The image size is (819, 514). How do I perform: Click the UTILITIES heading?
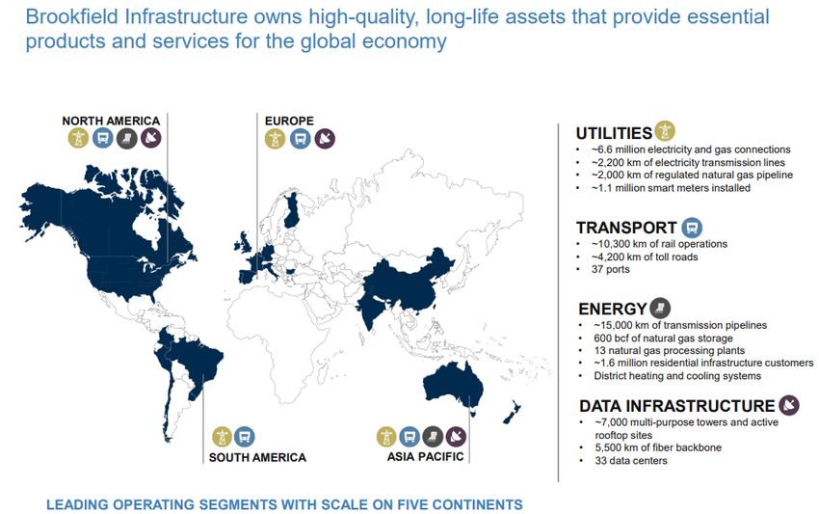[614, 133]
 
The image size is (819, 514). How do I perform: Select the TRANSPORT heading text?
[626, 228]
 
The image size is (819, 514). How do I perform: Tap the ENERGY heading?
[613, 309]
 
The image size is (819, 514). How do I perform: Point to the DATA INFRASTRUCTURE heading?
[677, 406]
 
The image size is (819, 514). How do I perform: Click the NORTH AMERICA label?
[111, 121]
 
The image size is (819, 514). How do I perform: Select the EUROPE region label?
[289, 121]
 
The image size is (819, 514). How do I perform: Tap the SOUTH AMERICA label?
[257, 457]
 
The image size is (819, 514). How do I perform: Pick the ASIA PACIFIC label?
[425, 456]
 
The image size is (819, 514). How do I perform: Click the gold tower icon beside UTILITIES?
[665, 131]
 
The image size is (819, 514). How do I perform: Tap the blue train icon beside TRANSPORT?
[692, 228]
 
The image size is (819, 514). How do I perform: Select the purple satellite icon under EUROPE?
[325, 139]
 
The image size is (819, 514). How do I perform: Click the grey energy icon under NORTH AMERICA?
[127, 139]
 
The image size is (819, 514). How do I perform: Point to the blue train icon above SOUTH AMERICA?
[244, 437]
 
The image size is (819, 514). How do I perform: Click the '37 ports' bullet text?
[611, 269]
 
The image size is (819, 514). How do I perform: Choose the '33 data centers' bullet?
[631, 461]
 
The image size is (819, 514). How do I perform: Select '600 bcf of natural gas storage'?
[663, 338]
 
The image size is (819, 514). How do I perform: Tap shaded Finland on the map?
[291, 210]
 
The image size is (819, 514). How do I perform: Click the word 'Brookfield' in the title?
[72, 16]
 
